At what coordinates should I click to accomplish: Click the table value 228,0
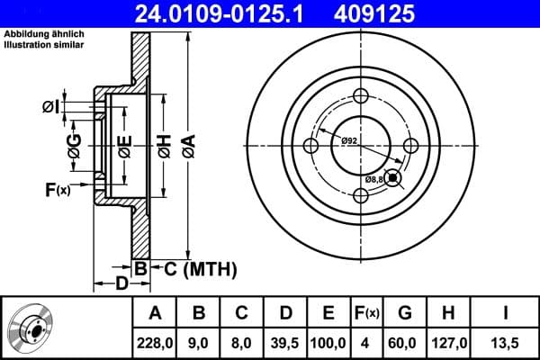tap(156, 341)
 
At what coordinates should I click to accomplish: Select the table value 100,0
tap(328, 341)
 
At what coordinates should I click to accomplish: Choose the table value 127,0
tap(448, 341)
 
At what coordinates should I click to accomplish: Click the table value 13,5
tap(506, 341)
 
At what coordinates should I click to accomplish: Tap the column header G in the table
tap(405, 313)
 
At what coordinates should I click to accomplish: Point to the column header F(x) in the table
tap(367, 313)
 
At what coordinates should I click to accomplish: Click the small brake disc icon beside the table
tap(31, 328)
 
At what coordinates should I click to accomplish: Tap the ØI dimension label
tap(50, 107)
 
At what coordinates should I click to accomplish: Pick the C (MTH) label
tap(199, 267)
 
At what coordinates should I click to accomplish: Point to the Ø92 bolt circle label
tap(350, 139)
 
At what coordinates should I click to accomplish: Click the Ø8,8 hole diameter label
tap(375, 180)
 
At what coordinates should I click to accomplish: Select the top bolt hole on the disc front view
tap(361, 97)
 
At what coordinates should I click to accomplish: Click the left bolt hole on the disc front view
tap(312, 147)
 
